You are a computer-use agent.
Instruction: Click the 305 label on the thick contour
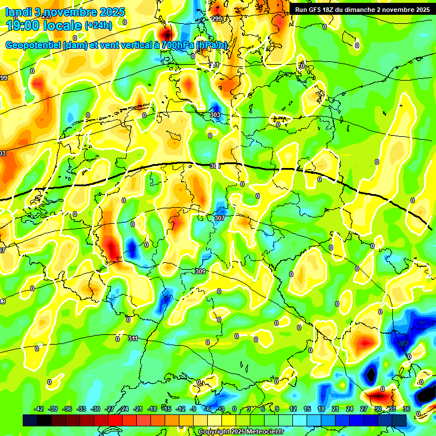click(215, 166)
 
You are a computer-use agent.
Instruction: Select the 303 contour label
click(215, 115)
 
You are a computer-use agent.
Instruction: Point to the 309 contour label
click(200, 272)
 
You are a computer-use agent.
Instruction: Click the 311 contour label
click(132, 338)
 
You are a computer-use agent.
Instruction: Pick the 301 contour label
click(214, 65)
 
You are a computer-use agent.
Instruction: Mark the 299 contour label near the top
click(216, 19)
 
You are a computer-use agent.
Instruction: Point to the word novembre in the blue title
click(70, 11)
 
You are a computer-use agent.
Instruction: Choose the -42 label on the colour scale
click(39, 409)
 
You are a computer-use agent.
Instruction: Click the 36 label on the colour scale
click(406, 409)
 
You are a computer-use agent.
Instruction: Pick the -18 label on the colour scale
click(152, 409)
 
